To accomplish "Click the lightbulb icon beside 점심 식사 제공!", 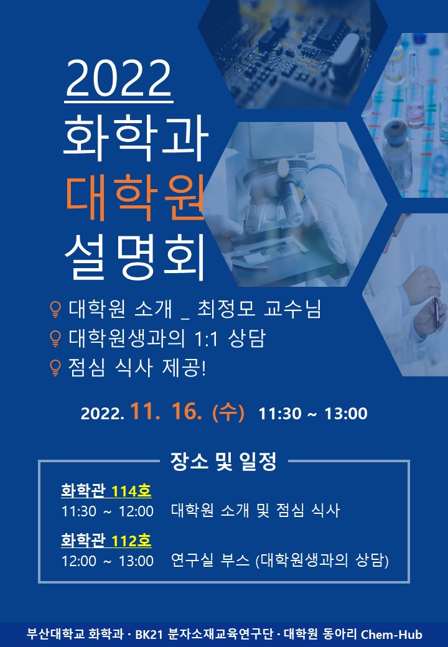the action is tap(55, 367).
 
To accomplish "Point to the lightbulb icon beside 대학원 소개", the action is tap(55, 309).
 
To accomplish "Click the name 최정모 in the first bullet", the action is tap(226, 309).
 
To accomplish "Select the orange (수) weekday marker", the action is tap(228, 412).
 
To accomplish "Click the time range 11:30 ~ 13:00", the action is tap(313, 414).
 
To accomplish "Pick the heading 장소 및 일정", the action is tap(223, 462).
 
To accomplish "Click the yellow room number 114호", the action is tap(131, 491).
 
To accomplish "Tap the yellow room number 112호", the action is tap(131, 540).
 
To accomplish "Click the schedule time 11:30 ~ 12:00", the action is tap(108, 511).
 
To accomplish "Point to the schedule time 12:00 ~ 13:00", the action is tap(108, 561).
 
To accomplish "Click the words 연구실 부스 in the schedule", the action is tap(210, 560).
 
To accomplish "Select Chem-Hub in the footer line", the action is tap(391, 634).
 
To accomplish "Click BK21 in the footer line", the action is tap(149, 634).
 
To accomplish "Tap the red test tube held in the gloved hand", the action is tap(436, 313).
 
